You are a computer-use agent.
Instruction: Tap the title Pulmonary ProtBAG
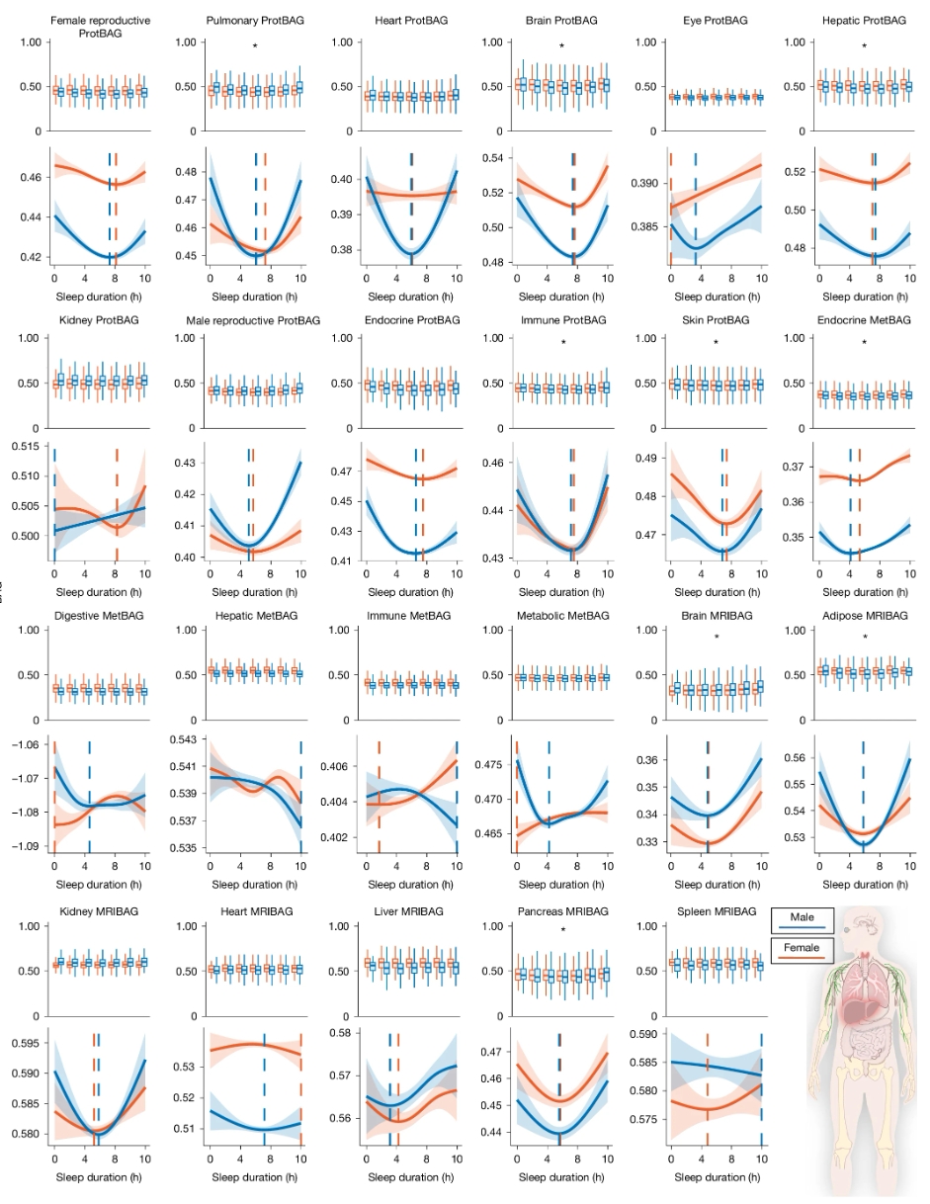point(255,21)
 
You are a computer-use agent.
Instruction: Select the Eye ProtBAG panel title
point(716,21)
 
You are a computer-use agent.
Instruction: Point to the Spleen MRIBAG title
point(717,911)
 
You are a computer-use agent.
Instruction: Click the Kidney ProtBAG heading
point(99,320)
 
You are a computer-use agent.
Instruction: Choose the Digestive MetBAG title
point(99,616)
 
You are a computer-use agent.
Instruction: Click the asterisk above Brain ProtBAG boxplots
point(561,46)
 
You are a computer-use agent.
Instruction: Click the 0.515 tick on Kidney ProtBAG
point(26,447)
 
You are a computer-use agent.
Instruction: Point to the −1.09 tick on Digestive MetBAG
point(26,846)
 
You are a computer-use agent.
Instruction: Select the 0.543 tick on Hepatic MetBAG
point(184,739)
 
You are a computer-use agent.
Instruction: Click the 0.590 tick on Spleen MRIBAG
point(643,1034)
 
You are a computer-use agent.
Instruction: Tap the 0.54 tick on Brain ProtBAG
point(493,158)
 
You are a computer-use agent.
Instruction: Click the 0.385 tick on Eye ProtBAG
point(644,226)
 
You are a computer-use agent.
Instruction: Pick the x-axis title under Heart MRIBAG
point(255,1177)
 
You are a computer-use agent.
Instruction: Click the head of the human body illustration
point(864,931)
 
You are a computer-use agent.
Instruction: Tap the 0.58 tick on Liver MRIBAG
point(341,1033)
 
